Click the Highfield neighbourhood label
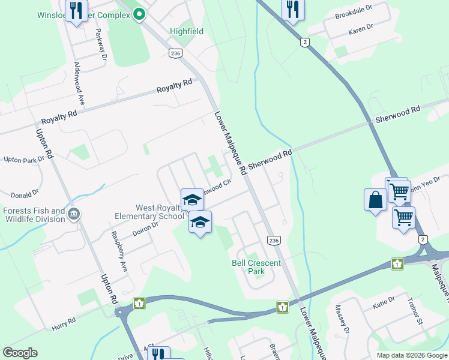click(187, 31)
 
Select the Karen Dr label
click(360, 28)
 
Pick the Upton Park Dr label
click(24, 160)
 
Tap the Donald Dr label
click(25, 194)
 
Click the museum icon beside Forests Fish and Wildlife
click(74, 214)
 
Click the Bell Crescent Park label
click(248, 267)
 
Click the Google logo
click(20, 353)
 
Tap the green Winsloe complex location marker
click(139, 13)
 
